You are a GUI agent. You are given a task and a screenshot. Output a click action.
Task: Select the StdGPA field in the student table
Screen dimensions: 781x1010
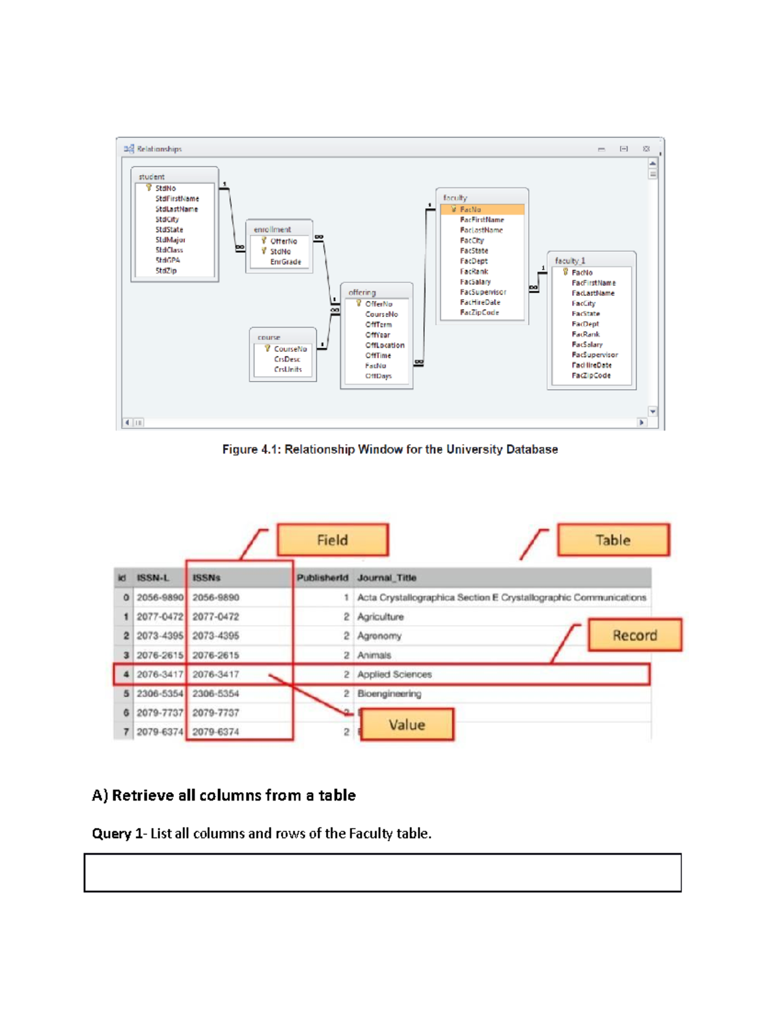point(167,260)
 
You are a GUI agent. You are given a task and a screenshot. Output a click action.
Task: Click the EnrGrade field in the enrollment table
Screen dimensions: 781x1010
point(286,262)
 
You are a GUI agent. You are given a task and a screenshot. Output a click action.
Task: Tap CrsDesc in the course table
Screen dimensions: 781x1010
point(287,359)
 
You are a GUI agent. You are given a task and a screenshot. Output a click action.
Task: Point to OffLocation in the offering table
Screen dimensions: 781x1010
point(385,345)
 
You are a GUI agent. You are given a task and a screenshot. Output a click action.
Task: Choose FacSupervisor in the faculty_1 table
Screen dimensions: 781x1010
point(595,355)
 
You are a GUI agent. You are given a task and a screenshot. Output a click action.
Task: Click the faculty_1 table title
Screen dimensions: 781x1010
point(570,261)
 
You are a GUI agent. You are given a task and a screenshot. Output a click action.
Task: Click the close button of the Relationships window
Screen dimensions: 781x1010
point(646,149)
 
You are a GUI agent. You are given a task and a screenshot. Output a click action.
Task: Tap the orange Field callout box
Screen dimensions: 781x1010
point(333,540)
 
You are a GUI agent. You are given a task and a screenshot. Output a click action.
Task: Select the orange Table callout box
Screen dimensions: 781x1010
point(613,540)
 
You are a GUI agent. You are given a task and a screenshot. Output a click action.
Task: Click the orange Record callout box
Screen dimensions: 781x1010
point(635,635)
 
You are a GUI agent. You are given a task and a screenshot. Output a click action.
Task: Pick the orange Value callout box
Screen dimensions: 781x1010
point(407,724)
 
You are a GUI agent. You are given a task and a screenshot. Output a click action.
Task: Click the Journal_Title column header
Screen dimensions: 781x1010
point(387,578)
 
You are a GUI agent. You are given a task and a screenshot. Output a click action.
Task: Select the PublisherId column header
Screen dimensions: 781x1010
point(322,578)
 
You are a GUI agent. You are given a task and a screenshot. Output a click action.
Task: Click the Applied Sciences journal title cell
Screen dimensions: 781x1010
point(394,674)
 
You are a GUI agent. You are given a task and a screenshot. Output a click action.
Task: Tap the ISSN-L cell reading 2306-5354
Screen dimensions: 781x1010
point(160,694)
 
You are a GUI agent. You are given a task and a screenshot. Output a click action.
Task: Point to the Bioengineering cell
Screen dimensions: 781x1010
point(389,694)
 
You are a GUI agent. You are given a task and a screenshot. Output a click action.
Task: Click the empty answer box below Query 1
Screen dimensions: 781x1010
point(383,873)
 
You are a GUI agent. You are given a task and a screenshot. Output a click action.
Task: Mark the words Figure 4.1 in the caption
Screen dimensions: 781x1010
point(251,449)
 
